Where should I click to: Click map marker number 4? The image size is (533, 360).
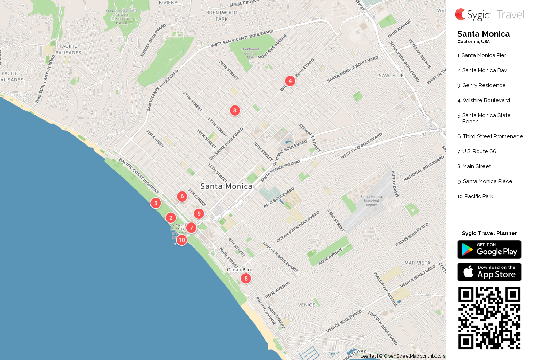[290, 81]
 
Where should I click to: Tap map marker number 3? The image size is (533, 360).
[235, 110]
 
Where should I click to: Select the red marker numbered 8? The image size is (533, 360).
[246, 278]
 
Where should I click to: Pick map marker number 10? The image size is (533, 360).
[181, 240]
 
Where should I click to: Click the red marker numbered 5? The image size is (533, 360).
[156, 203]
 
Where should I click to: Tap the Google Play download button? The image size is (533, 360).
[489, 250]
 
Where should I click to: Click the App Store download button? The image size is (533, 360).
[489, 272]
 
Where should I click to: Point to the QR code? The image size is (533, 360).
[489, 318]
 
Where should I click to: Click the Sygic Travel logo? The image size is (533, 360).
[489, 15]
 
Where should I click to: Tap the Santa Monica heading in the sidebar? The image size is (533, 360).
[483, 34]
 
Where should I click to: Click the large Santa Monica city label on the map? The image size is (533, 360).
[226, 186]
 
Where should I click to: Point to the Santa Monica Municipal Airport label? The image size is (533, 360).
[371, 201]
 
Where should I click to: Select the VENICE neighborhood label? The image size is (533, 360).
[307, 305]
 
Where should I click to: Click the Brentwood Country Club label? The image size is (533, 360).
[250, 53]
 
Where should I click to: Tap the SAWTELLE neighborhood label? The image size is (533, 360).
[391, 76]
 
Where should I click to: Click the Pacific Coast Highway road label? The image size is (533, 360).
[139, 176]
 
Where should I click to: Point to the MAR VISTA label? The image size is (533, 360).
[417, 263]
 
